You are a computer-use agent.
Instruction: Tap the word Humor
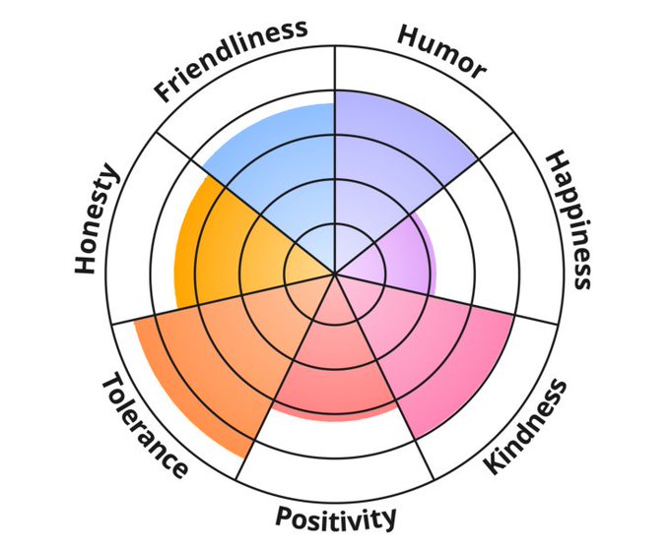[441, 50]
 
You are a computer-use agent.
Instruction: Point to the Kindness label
[527, 425]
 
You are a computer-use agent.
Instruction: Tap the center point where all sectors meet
[335, 274]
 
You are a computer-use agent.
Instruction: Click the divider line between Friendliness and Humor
[335, 69]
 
